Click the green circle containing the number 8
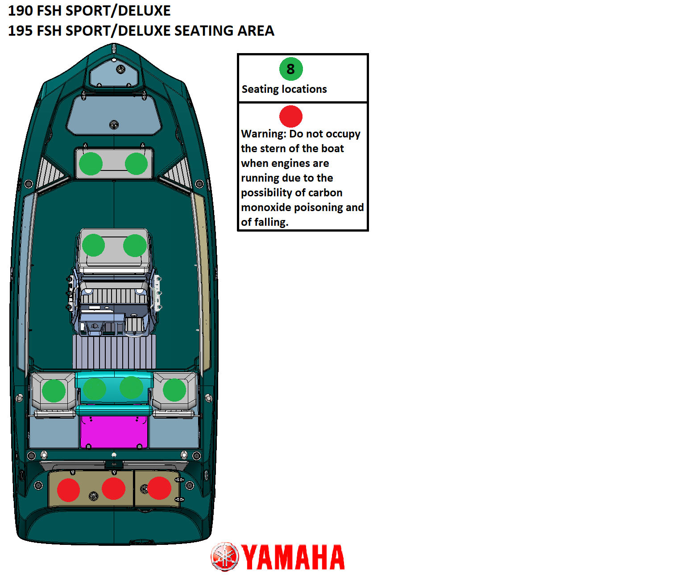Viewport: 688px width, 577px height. [290, 69]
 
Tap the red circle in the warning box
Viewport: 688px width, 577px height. [290, 116]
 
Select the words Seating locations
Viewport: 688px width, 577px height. [284, 89]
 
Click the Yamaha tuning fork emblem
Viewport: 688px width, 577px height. [224, 556]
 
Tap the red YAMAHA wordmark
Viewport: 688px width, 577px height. [293, 557]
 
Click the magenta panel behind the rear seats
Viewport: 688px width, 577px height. [114, 432]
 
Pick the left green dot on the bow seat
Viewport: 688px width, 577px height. [91, 164]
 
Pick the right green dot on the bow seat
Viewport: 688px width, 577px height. [136, 164]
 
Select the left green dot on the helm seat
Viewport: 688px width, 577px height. [93, 245]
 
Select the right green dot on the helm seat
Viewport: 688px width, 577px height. [135, 245]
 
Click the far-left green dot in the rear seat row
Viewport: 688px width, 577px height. [54, 391]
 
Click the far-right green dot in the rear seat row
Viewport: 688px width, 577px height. [174, 390]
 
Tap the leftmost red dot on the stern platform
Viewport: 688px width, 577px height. [68, 490]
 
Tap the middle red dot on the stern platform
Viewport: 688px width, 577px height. [113, 488]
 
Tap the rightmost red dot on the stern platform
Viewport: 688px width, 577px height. [159, 488]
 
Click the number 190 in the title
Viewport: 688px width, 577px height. [21, 11]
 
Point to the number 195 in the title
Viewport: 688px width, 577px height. [21, 31]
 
